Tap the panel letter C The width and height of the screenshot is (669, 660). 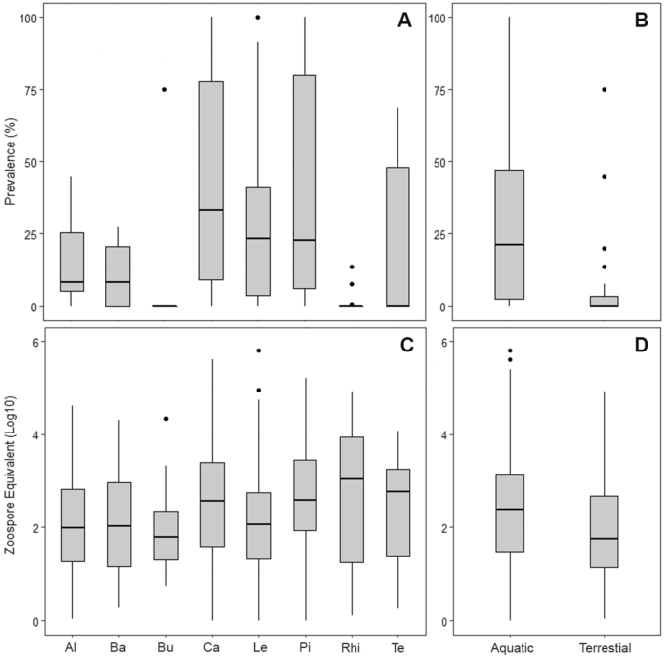402,345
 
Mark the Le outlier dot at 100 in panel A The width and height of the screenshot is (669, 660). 258,17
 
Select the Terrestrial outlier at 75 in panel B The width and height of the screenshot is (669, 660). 605,89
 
